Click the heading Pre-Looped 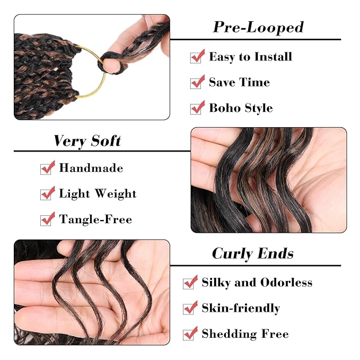[258, 28]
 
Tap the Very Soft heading [87, 141]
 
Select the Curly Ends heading [252, 253]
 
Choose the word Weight [116, 194]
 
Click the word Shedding [229, 334]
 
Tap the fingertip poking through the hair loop [110, 65]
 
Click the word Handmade [91, 168]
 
